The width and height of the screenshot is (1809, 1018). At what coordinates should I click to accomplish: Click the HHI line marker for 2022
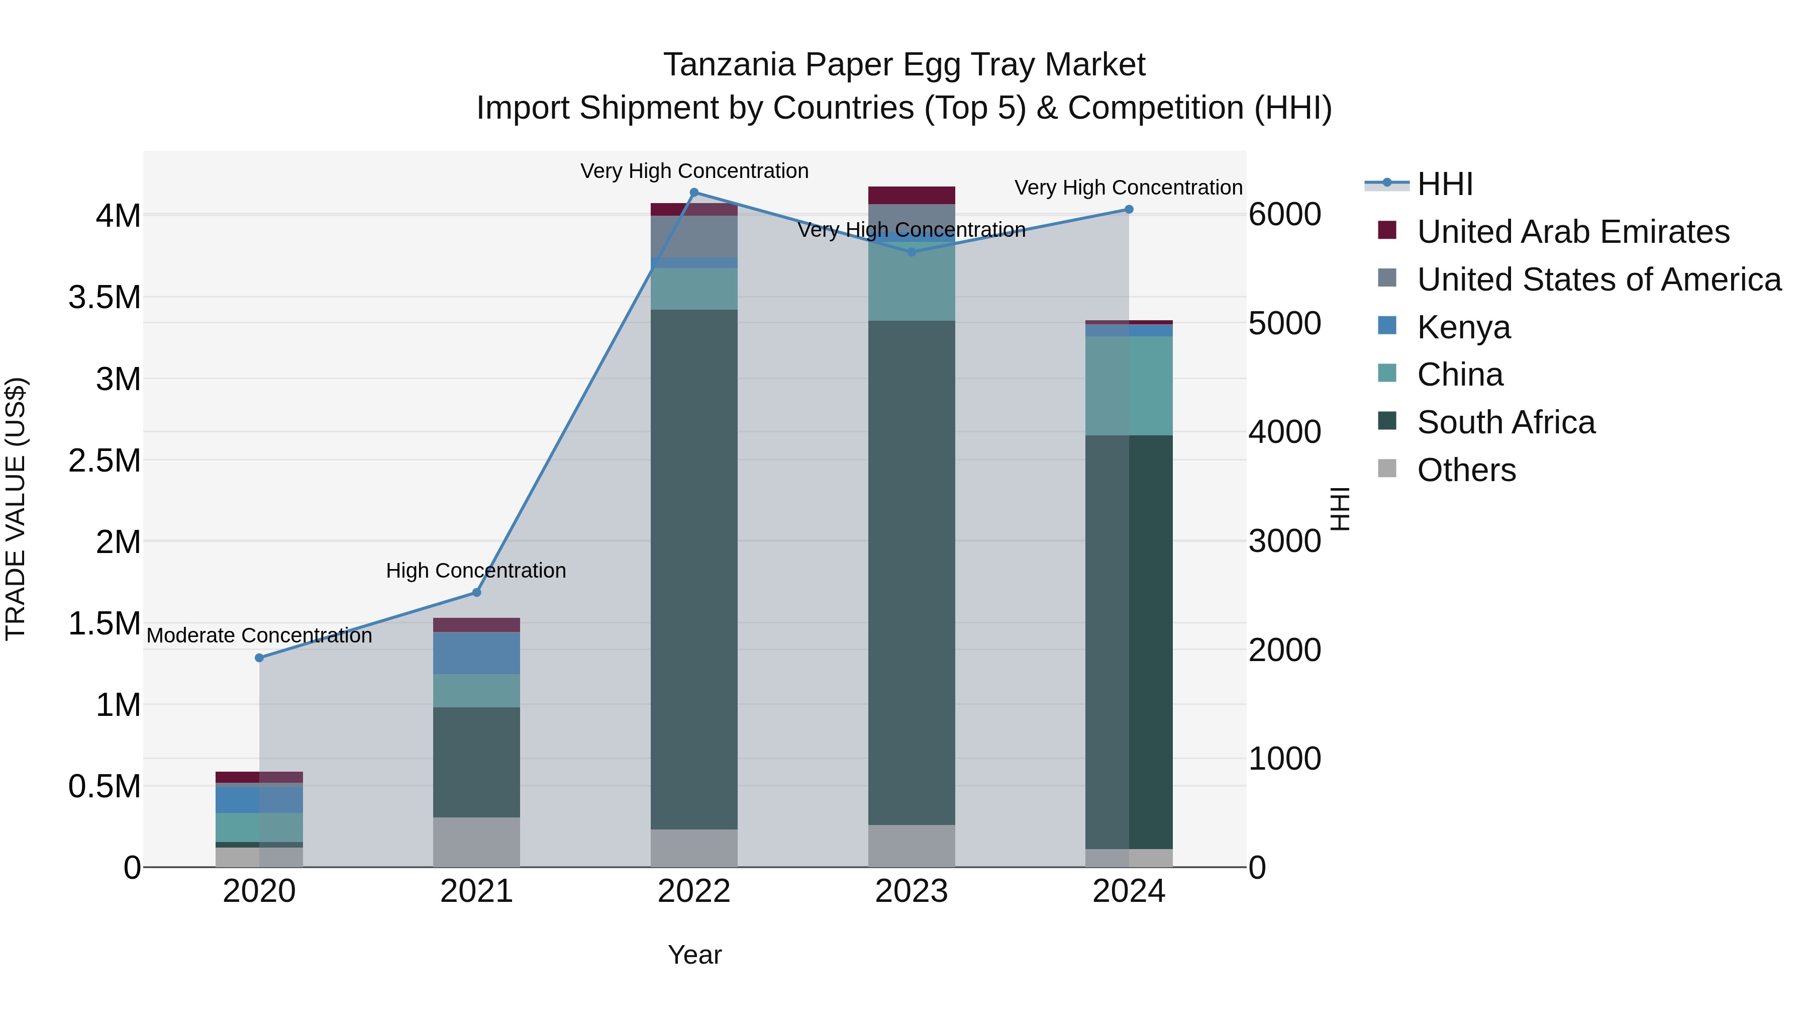[x=694, y=193]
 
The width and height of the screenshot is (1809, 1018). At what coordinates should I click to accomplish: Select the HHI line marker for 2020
[x=259, y=658]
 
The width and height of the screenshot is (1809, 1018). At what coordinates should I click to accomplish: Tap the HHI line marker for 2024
[x=1129, y=209]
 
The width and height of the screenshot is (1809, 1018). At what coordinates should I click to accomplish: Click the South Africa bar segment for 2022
[x=694, y=569]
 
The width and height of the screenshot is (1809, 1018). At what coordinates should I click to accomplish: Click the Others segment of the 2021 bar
[x=476, y=842]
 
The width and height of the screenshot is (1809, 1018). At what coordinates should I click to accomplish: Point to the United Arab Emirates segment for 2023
[x=911, y=195]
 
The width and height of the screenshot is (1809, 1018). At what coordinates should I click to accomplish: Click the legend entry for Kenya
[x=1463, y=327]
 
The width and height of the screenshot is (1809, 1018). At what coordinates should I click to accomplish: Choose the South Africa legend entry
[x=1505, y=423]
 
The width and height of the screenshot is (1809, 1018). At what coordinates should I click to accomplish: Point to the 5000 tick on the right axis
[x=1284, y=324]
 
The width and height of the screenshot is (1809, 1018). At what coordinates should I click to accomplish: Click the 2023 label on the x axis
[x=911, y=891]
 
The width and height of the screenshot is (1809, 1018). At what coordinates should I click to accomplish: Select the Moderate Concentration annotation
[x=259, y=635]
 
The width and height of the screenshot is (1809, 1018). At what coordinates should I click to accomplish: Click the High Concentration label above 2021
[x=476, y=571]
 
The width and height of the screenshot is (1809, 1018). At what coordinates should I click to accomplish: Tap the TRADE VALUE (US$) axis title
[x=16, y=509]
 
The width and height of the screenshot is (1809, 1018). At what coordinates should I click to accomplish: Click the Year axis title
[x=694, y=955]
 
